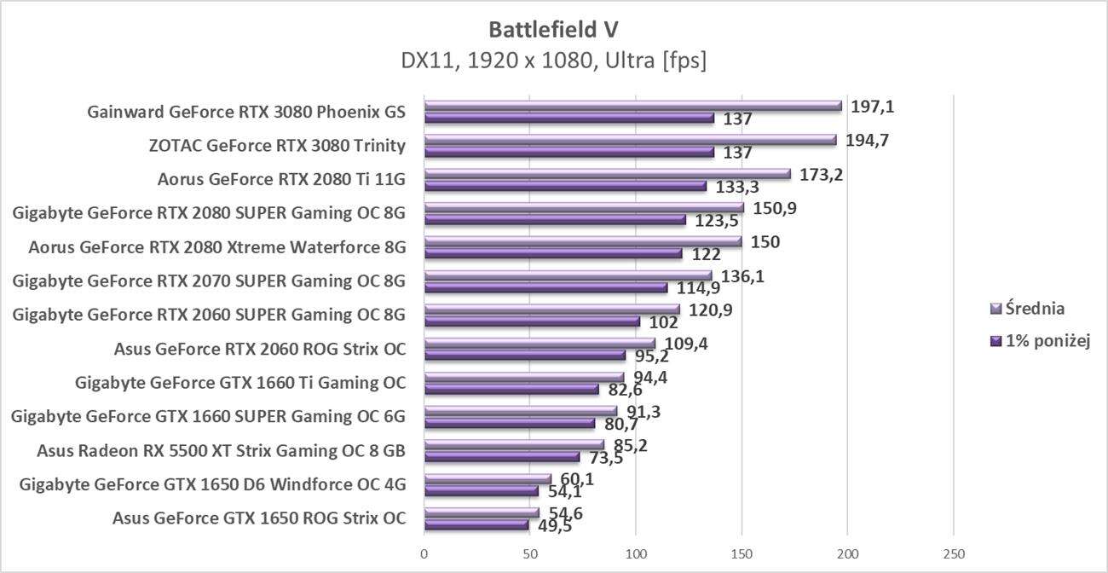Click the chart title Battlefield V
click(x=553, y=30)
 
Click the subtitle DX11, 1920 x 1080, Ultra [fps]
click(x=553, y=61)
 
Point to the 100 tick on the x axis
click(x=636, y=554)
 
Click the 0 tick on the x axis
click(x=424, y=554)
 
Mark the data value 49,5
click(x=553, y=526)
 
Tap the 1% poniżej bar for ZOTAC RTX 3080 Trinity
click(x=568, y=152)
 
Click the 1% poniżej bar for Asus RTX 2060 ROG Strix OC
click(x=524, y=356)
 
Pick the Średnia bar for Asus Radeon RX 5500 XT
click(x=514, y=445)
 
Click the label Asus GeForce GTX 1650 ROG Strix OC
click(x=259, y=518)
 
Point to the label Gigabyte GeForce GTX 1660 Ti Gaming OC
click(x=240, y=383)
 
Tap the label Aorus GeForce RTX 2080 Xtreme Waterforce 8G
click(x=216, y=248)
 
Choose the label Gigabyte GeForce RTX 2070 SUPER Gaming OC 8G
click(x=209, y=281)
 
